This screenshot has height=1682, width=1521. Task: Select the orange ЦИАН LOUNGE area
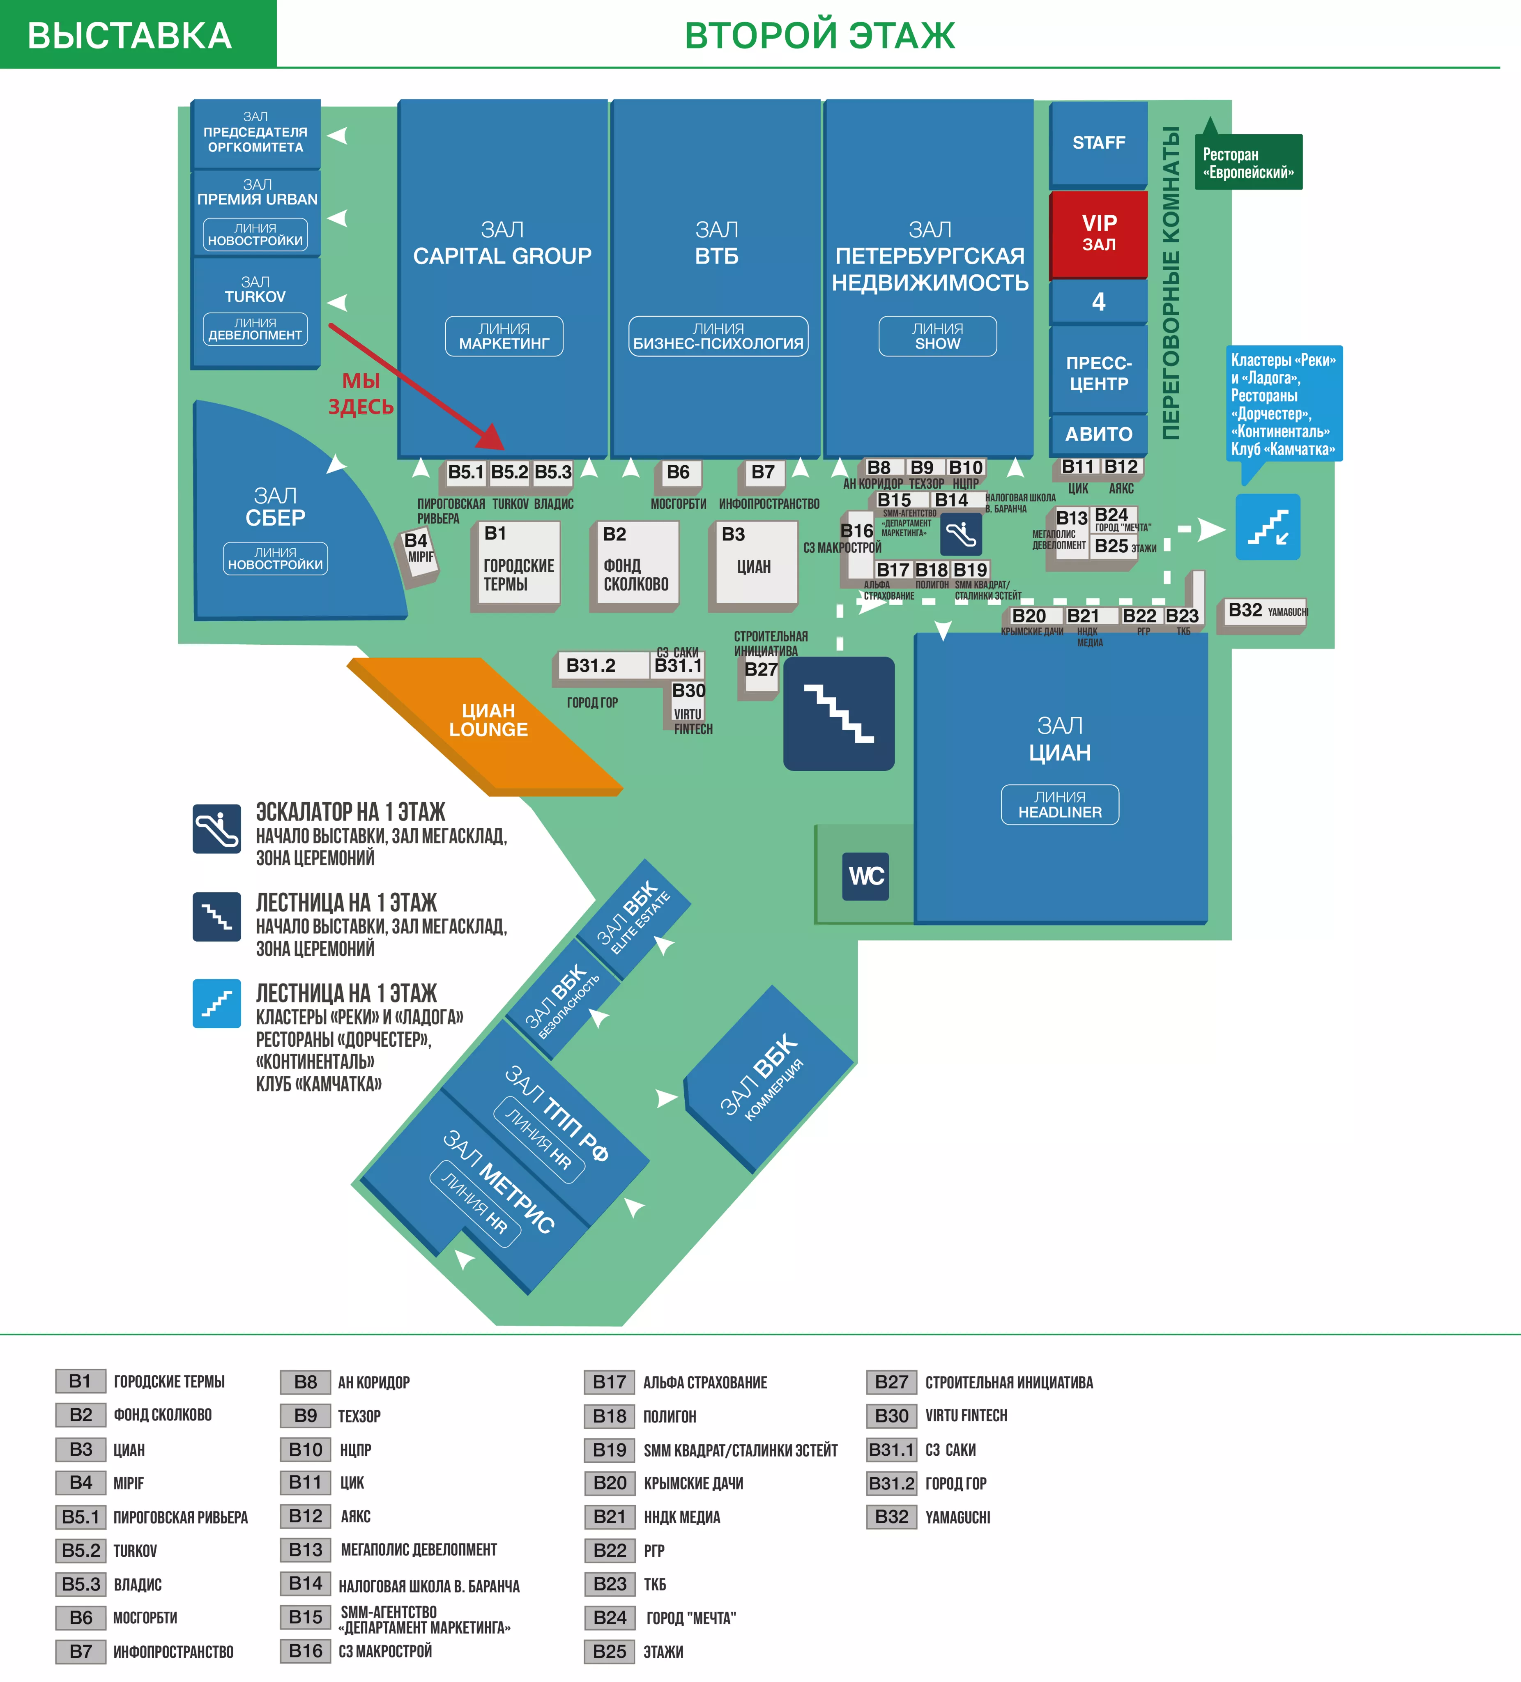(488, 721)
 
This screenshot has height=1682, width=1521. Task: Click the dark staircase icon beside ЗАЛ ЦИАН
(838, 713)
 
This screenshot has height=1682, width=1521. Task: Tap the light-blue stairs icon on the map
(1267, 527)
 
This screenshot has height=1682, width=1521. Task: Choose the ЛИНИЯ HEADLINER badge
(1060, 804)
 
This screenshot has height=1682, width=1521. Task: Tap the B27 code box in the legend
(891, 1382)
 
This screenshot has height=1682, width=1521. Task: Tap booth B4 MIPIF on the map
(418, 551)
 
